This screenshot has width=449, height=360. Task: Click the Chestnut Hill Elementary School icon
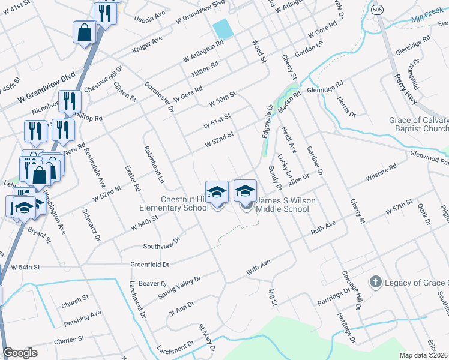click(x=217, y=193)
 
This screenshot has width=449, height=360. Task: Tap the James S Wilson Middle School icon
click(x=245, y=191)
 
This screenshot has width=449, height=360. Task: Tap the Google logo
click(x=20, y=353)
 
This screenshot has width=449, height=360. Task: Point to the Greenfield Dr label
click(x=150, y=264)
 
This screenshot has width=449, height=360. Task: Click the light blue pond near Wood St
click(x=222, y=28)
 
